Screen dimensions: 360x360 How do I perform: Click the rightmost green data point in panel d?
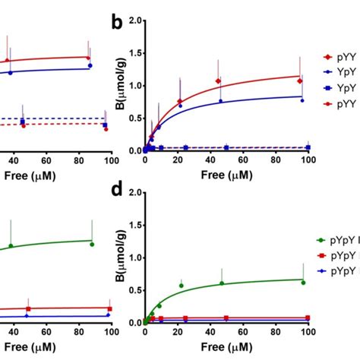point(302,283)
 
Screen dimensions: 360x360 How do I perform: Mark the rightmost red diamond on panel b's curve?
point(300,81)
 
